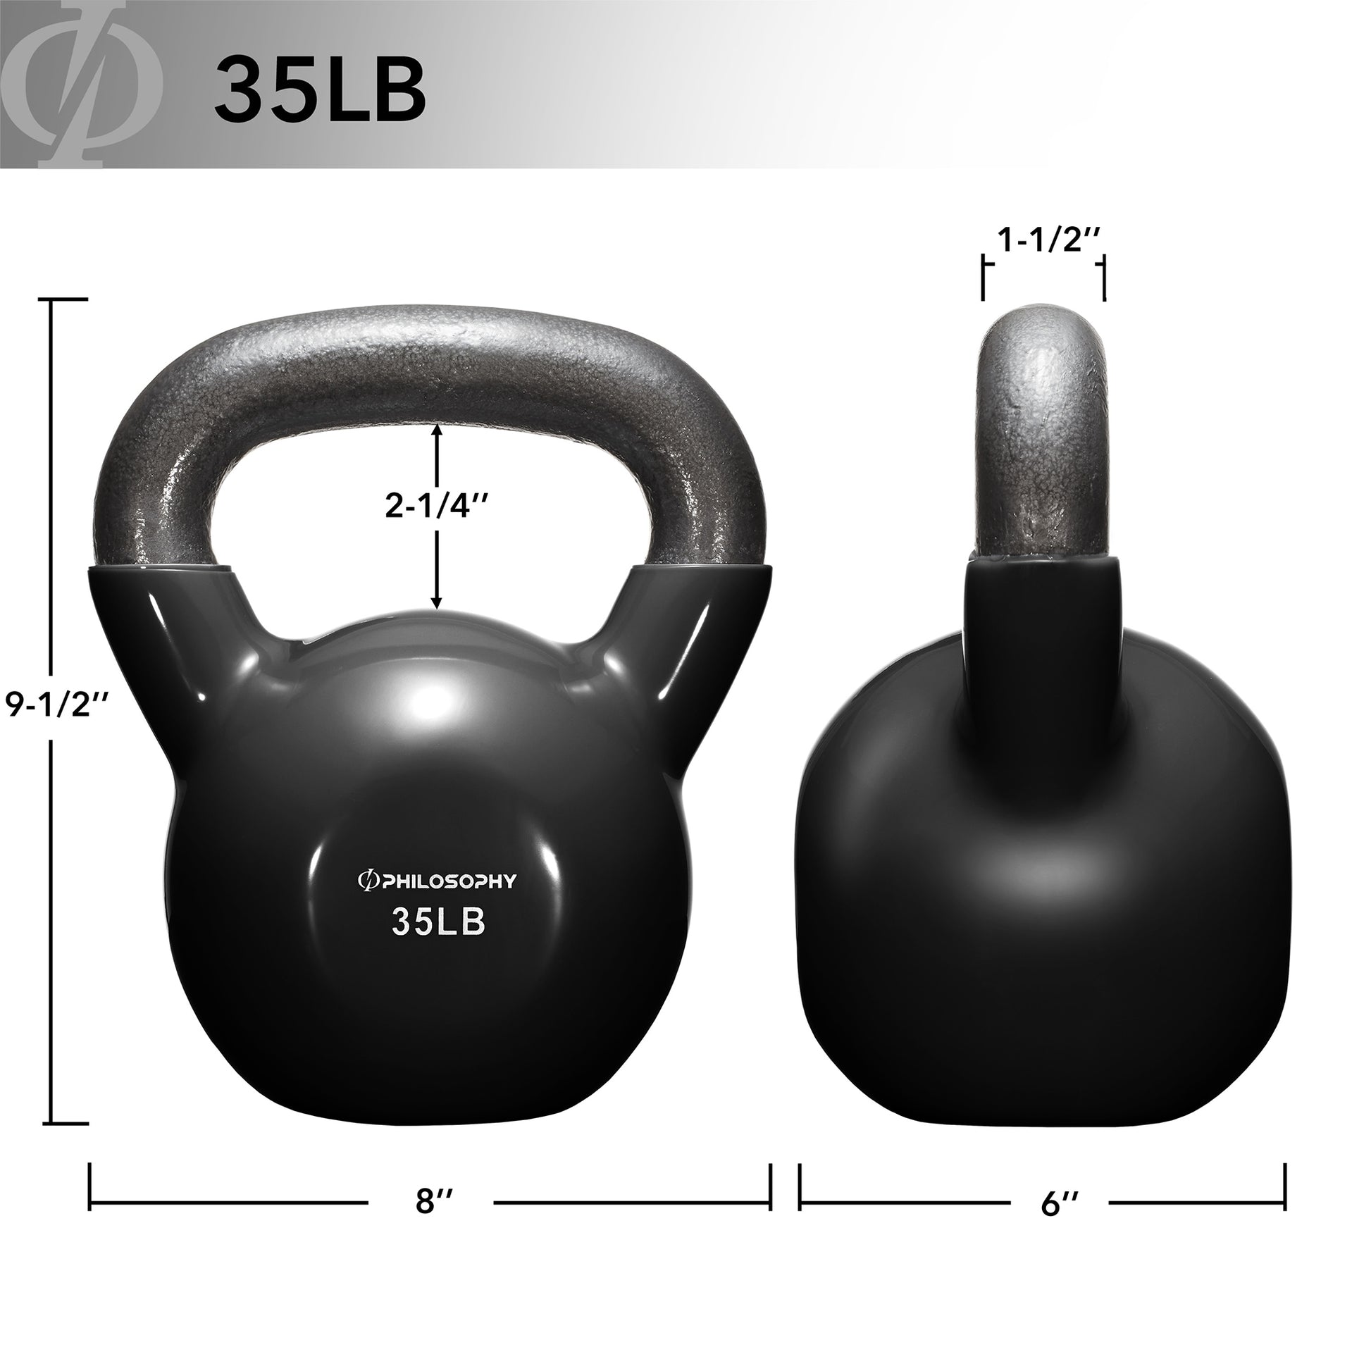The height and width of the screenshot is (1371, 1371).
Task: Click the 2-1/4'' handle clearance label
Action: pos(437,506)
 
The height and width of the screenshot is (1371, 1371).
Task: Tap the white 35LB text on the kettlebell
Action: pos(438,922)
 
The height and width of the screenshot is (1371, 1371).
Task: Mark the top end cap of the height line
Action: pos(68,300)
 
